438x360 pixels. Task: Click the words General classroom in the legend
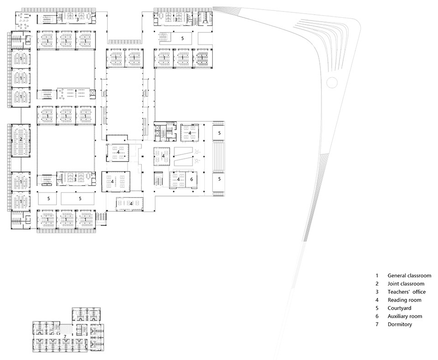[x=409, y=276]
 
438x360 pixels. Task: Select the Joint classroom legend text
[x=406, y=284]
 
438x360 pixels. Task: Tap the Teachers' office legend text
[x=407, y=292]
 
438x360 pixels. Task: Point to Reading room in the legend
[x=404, y=300]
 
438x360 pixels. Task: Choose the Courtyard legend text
[x=400, y=308]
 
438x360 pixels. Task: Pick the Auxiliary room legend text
[x=405, y=316]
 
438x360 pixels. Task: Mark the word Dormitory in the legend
[x=400, y=324]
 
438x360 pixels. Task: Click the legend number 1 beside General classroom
[x=377, y=276]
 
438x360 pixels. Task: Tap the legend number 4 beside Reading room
[x=377, y=300]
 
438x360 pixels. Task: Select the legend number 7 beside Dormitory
[x=377, y=324]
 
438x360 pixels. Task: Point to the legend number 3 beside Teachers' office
[x=377, y=292]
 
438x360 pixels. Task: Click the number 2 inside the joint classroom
[x=21, y=139]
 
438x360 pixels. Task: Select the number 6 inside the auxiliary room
[x=192, y=179]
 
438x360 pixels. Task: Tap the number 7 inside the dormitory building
[x=65, y=337]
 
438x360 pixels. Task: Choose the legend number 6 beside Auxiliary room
[x=377, y=316]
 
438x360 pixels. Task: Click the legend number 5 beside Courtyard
[x=377, y=308]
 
